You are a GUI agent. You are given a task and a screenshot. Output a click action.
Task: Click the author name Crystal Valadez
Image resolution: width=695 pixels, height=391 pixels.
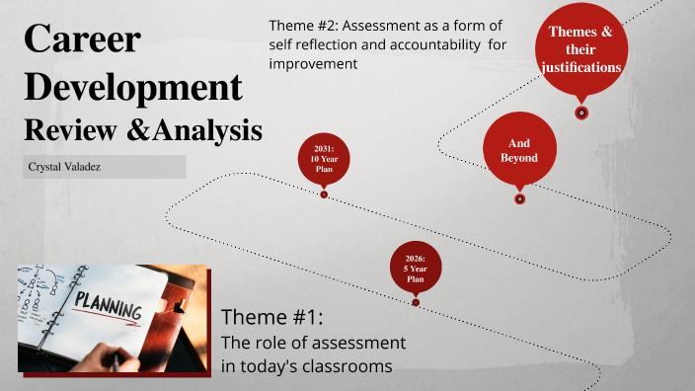point(68,168)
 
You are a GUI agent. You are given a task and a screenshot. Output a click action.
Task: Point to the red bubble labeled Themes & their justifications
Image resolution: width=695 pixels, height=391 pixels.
point(581,49)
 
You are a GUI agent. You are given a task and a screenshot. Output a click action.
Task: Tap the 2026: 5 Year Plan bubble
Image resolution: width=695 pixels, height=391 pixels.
point(416,268)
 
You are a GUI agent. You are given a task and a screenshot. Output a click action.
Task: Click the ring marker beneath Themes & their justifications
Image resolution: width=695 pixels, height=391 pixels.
point(581,113)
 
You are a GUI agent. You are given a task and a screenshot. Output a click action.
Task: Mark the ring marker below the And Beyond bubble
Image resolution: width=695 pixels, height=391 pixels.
point(520,198)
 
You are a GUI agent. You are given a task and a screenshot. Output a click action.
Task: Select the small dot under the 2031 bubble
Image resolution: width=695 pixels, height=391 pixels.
point(324,195)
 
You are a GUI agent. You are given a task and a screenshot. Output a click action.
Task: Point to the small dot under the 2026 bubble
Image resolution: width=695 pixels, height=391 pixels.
point(416,303)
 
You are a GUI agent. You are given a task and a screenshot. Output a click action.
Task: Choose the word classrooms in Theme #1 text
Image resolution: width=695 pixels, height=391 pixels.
point(349,366)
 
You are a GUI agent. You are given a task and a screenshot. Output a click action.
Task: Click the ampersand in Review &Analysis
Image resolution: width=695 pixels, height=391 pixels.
point(151,130)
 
